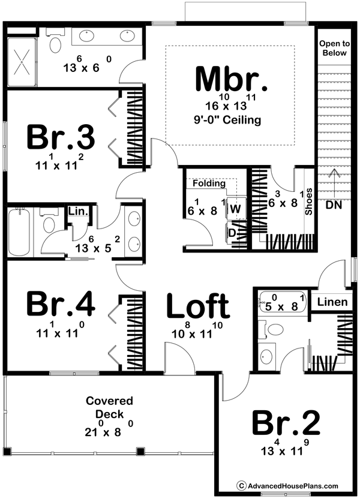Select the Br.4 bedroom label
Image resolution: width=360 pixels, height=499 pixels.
click(x=60, y=305)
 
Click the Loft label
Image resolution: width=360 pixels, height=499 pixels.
click(x=197, y=306)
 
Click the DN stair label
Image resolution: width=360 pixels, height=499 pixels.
click(x=334, y=205)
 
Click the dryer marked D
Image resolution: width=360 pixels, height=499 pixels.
click(x=233, y=232)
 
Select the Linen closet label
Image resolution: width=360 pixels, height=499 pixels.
click(x=332, y=302)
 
